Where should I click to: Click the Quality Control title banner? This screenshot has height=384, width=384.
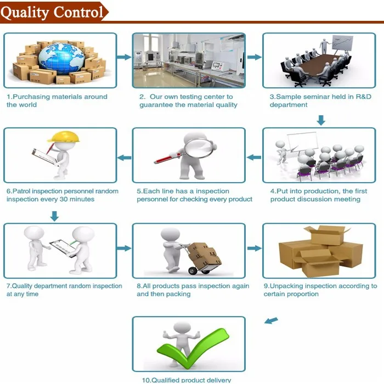53,12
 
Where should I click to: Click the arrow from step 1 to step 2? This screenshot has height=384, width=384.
125,57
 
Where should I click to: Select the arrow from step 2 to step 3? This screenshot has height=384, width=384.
253,57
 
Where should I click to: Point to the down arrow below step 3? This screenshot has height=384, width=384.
321,120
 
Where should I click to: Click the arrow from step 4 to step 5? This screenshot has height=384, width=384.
253,157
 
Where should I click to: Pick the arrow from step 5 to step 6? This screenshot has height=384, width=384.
125,158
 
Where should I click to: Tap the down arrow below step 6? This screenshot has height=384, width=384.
54,216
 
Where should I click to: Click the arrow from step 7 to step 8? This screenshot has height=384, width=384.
125,249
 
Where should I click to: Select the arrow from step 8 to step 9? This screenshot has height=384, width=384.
253,249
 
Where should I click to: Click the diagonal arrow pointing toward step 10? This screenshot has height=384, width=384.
271,320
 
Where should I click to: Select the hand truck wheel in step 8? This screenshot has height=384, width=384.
192,270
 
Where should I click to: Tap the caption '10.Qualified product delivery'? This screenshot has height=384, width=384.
187,380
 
